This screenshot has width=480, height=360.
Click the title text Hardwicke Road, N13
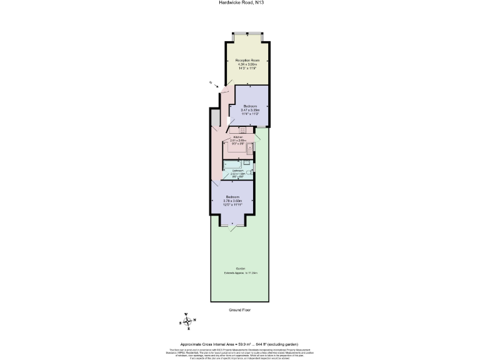coord(240,3)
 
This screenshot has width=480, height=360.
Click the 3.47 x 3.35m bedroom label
coord(250,110)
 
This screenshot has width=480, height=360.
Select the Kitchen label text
coord(237,137)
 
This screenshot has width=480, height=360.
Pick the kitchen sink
coord(250,148)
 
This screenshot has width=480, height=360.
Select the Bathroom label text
coord(237,171)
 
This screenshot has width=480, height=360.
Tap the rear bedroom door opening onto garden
coord(232,226)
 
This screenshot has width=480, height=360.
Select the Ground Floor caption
coord(239,309)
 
